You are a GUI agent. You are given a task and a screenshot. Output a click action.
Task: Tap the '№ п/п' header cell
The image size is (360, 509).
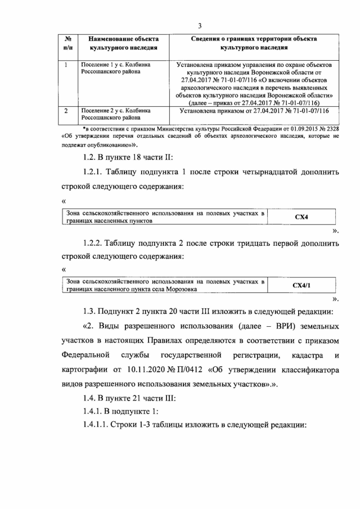[x=67, y=43]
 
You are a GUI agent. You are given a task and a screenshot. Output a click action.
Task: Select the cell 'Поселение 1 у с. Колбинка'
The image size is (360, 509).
[x=115, y=69]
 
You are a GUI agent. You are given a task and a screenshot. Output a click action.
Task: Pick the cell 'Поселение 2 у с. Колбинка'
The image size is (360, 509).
[x=115, y=115]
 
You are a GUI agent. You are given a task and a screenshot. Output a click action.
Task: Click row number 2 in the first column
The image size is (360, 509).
[x=66, y=111]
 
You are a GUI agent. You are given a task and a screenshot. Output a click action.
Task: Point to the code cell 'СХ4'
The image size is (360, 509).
[x=301, y=217]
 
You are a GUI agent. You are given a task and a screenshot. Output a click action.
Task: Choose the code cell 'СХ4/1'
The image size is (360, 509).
[x=301, y=285]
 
